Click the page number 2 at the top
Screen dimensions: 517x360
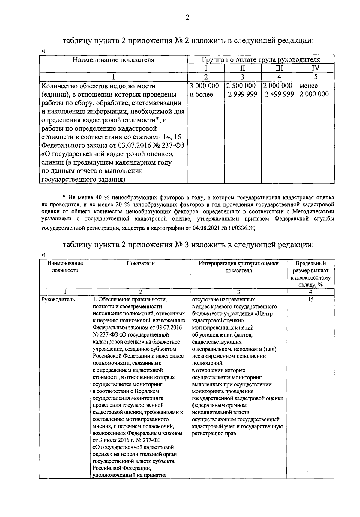coord(187,18)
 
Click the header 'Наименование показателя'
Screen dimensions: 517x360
coord(113,60)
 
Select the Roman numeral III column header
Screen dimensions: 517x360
coord(279,68)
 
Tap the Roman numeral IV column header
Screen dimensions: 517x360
coord(316,68)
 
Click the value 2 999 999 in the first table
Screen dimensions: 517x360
coord(242,94)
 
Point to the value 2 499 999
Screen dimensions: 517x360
coord(279,94)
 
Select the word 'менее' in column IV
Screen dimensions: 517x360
coord(308,86)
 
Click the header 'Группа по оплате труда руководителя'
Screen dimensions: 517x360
coord(261,59)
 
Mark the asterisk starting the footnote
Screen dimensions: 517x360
coord(64,198)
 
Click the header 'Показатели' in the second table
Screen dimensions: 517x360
coord(141,263)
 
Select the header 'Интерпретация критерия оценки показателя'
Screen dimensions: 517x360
coord(239,267)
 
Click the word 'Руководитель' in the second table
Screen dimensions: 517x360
coord(57,299)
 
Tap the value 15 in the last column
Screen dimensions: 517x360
coord(310,299)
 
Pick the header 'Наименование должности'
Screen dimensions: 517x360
coord(65,267)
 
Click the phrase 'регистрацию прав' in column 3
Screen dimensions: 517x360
coord(214,434)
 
